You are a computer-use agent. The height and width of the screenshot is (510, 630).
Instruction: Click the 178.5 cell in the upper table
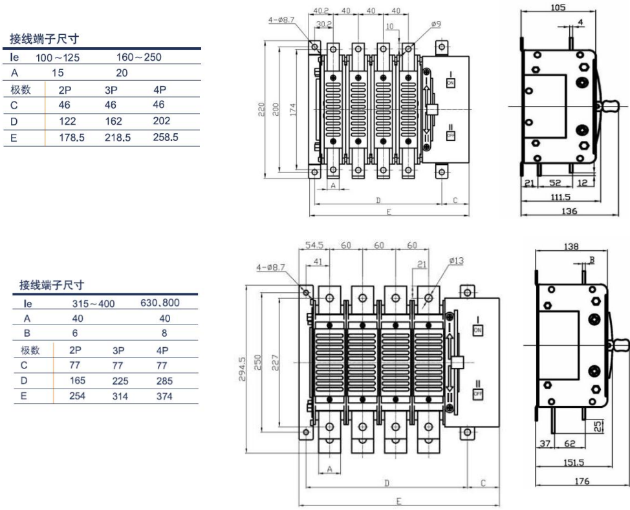72,137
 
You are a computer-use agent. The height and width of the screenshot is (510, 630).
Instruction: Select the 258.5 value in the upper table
166,137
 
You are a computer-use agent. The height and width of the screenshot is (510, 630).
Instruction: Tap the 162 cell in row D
113,121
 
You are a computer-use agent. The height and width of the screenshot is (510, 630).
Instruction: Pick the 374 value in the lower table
164,396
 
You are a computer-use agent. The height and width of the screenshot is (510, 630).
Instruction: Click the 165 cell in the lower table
78,380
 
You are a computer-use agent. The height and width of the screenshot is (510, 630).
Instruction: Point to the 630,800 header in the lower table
160,303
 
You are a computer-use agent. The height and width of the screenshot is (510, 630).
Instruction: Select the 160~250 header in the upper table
139,57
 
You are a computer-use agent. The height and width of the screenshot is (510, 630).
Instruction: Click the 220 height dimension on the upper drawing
261,109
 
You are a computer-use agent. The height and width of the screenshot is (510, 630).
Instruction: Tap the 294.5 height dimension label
242,369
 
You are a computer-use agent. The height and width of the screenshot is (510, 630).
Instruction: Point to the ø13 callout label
457,260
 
